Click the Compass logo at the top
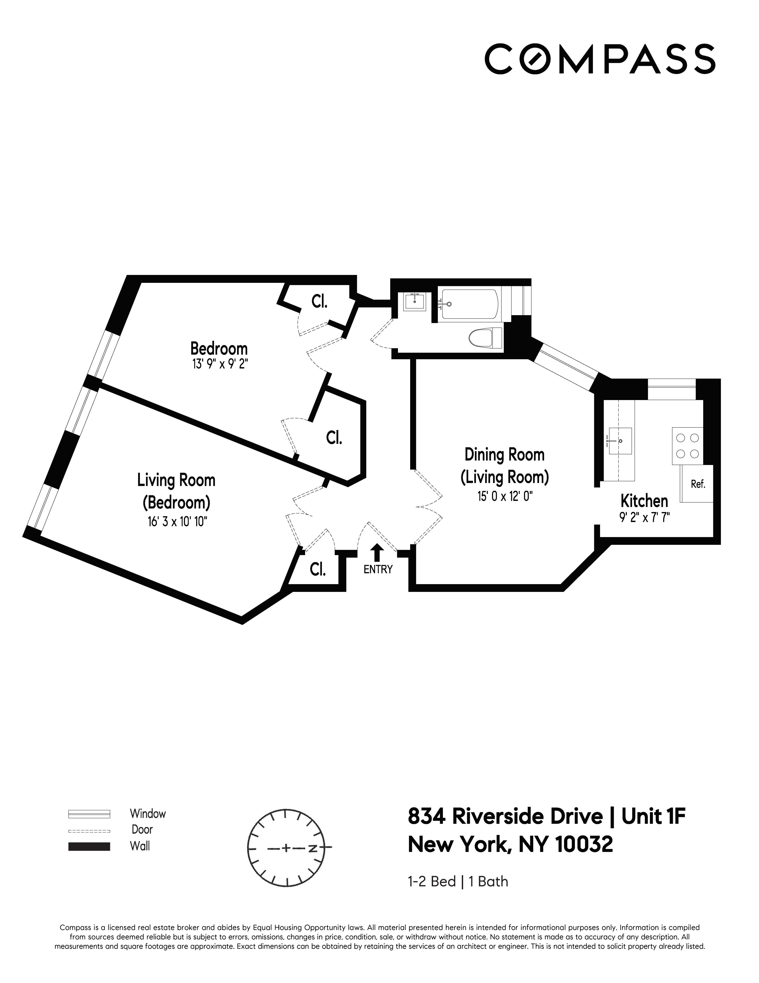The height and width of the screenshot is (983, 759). (x=600, y=58)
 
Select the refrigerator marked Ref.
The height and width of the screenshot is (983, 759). (x=697, y=484)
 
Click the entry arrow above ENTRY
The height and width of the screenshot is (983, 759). (x=377, y=552)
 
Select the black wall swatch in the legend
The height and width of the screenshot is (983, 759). (x=89, y=846)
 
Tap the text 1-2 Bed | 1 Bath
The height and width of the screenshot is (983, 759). (x=458, y=894)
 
